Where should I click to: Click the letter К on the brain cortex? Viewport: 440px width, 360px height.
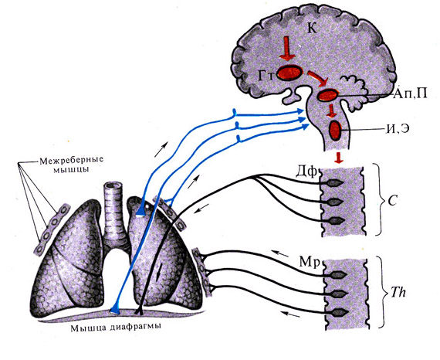(x=313, y=28)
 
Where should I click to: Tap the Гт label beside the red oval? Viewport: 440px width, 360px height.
(x=266, y=75)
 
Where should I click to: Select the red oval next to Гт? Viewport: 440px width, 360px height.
(x=290, y=73)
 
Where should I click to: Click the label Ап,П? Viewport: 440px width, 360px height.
(x=410, y=93)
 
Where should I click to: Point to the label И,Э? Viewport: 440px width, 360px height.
(x=396, y=130)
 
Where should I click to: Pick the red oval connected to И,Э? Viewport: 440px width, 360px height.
(x=335, y=130)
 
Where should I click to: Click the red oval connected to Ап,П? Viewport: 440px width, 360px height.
(x=327, y=95)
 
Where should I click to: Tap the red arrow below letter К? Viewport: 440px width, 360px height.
(x=287, y=49)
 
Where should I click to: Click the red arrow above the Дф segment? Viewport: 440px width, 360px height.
(x=339, y=158)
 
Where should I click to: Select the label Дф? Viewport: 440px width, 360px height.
(x=306, y=172)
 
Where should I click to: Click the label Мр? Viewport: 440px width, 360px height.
(x=310, y=262)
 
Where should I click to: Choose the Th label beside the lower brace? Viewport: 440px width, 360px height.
(x=398, y=292)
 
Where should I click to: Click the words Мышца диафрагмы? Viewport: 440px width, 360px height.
(x=116, y=328)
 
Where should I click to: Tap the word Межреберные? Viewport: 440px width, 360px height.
(x=71, y=161)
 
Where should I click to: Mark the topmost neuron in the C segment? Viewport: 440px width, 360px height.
(x=334, y=183)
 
